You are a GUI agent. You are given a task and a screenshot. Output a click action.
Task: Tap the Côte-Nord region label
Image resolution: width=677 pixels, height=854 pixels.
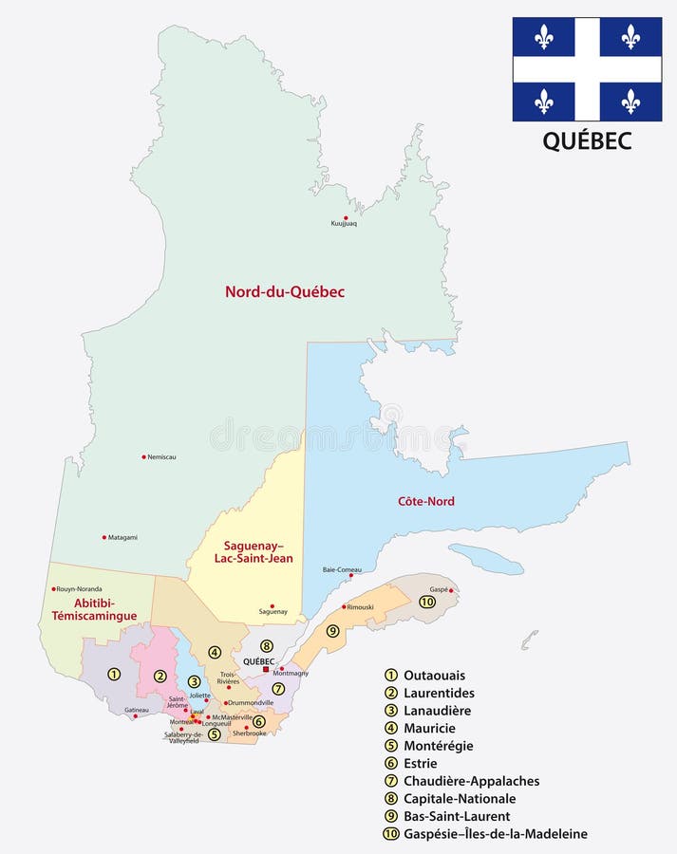coord(425,501)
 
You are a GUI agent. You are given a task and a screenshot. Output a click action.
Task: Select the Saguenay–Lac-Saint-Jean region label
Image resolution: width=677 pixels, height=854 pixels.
coord(257,552)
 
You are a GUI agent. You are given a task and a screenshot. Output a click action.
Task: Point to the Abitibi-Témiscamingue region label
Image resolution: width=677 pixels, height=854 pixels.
coord(94,608)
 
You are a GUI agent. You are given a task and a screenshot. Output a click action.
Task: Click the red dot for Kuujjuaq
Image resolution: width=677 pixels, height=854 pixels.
coord(346,217)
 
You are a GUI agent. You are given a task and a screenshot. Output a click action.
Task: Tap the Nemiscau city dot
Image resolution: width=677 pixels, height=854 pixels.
coord(143,456)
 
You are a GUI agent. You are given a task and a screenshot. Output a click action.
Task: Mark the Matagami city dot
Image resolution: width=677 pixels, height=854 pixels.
coord(104,537)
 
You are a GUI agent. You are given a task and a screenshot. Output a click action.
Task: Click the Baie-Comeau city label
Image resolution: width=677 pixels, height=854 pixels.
coord(342,568)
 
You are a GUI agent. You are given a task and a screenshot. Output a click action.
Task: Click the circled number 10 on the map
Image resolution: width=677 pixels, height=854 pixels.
coord(427,602)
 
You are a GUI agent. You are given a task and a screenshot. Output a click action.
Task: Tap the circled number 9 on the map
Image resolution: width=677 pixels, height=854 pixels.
coord(332,631)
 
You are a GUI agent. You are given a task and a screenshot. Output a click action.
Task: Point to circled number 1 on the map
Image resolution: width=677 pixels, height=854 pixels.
coord(114,675)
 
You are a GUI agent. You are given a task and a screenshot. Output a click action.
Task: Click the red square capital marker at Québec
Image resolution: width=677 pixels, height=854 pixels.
coord(266,669)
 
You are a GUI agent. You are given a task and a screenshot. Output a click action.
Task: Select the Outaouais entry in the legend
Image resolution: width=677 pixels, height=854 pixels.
coord(434,675)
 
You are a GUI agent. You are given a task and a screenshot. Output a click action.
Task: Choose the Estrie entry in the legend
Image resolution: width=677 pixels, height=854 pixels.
coord(421,763)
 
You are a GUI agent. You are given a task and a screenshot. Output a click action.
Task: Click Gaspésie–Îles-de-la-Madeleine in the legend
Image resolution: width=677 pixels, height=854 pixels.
coord(495,834)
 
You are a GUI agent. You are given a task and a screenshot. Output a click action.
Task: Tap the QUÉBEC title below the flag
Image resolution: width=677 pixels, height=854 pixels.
coord(587,140)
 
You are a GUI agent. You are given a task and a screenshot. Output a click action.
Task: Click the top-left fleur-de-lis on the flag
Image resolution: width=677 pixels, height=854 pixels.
coord(544,37)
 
